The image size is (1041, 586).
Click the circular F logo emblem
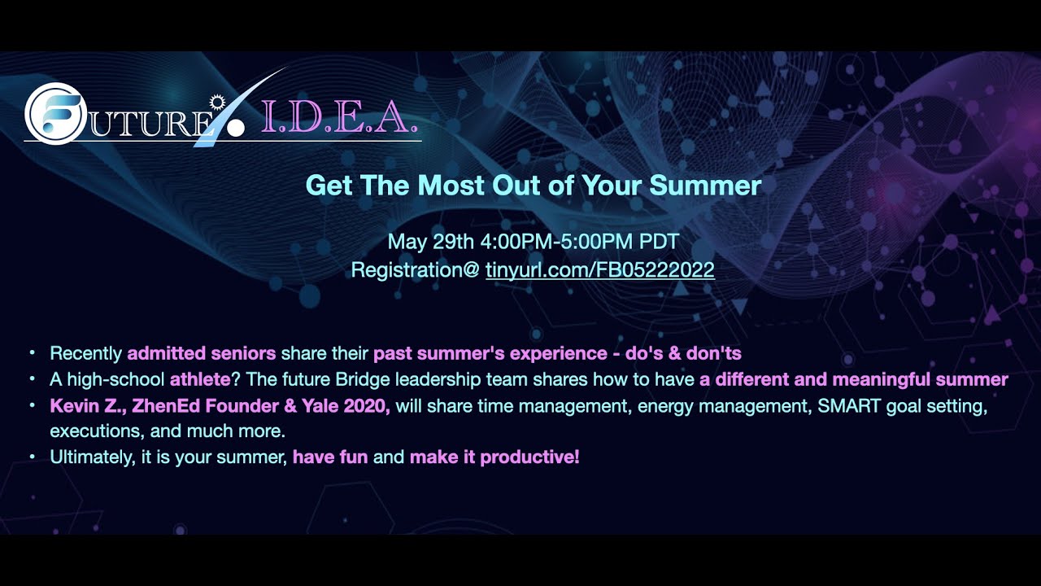tap(55, 114)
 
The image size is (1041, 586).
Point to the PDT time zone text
tap(660, 242)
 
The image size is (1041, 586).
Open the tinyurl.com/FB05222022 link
tap(599, 270)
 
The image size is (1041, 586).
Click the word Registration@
tap(415, 270)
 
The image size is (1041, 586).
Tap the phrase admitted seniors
tap(202, 354)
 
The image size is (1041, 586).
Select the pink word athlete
tap(200, 379)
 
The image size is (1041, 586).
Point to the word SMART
tap(837, 405)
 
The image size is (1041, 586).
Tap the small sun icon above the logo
tap(216, 102)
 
